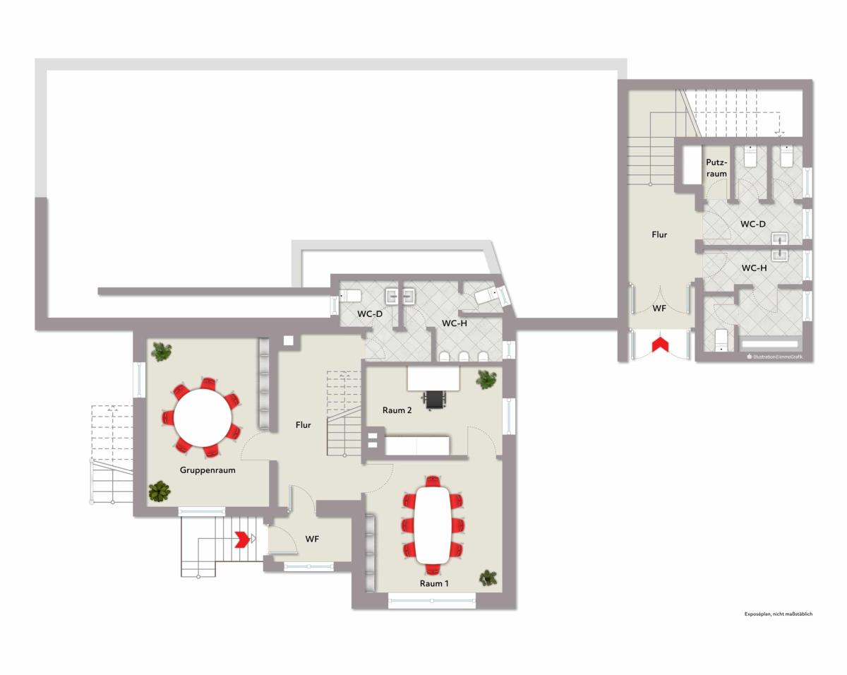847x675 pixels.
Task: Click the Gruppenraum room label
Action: coord(208,470)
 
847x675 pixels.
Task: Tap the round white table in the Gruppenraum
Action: coord(203,418)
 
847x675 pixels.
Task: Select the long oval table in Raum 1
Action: coord(433,525)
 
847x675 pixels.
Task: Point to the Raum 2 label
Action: coord(397,410)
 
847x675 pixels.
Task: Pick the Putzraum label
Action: coord(716,168)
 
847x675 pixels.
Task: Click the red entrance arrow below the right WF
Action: coord(660,344)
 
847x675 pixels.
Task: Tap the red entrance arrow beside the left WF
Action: coord(243,539)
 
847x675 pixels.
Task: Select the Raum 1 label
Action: coord(434,583)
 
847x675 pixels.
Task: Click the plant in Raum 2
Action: coord(486,379)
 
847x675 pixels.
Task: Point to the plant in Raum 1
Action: coord(488,578)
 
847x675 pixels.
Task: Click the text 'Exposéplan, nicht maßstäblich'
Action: coord(778,614)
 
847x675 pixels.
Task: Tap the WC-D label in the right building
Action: coord(752,224)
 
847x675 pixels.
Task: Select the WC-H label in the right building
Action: coord(754,268)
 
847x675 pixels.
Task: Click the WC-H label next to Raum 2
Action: coord(454,323)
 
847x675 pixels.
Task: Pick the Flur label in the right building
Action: coord(659,234)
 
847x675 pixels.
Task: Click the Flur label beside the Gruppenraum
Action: coord(303,425)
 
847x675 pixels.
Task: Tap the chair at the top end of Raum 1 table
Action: coord(433,482)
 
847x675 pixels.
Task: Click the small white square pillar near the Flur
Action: coord(289,340)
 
